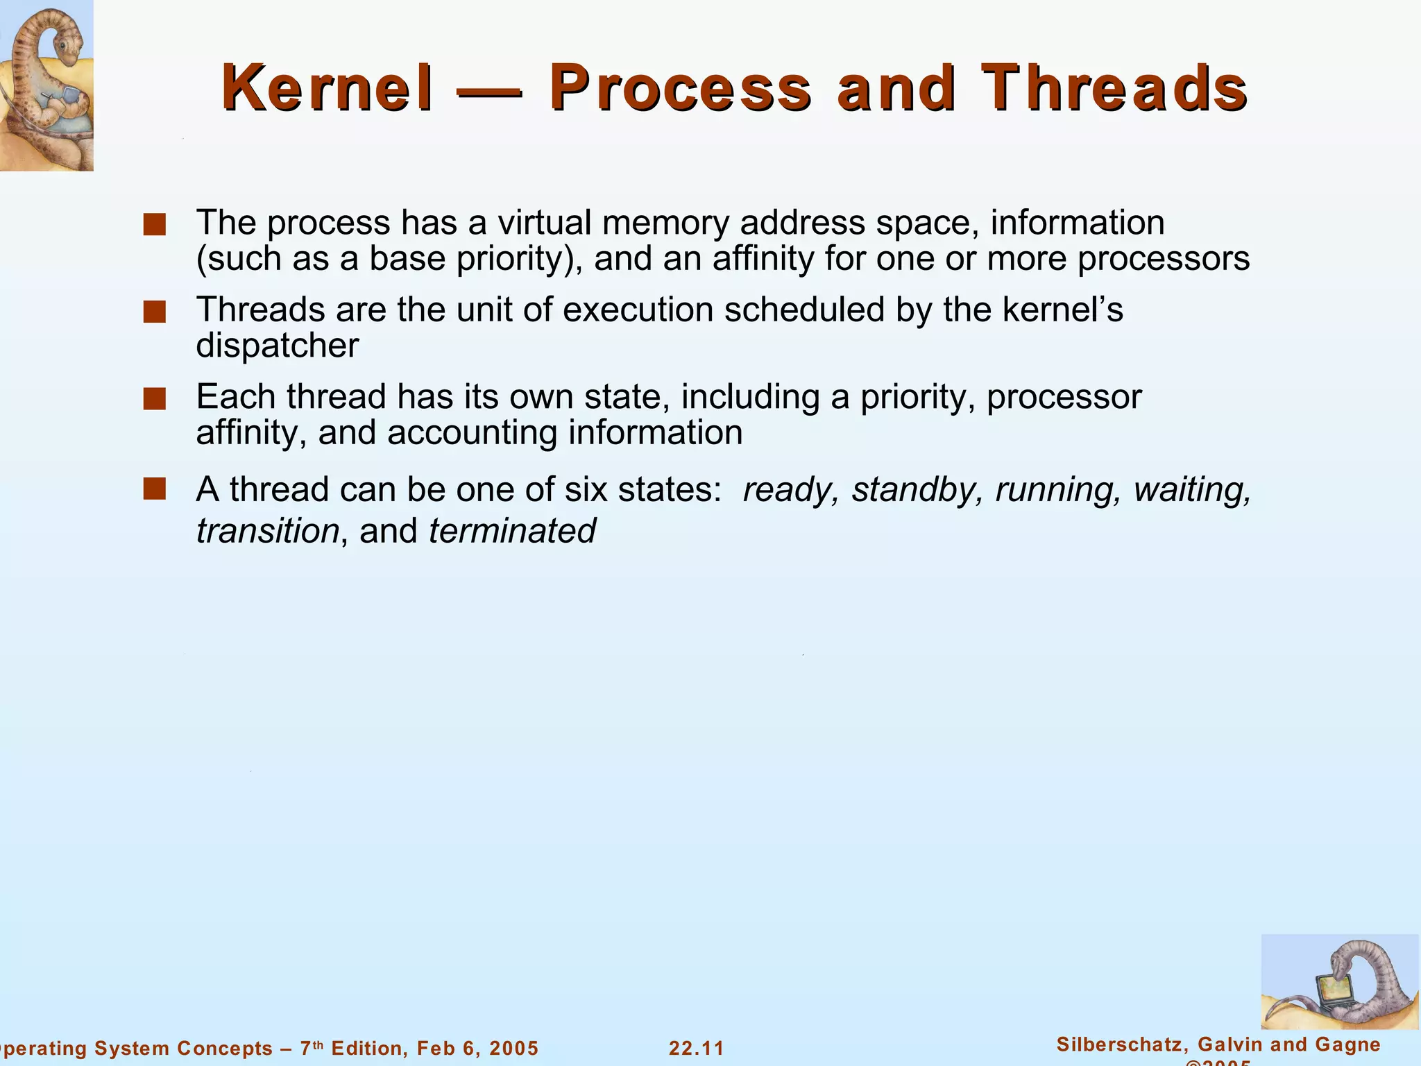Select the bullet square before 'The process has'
point(154,225)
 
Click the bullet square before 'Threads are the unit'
point(154,312)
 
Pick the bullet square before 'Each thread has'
point(154,399)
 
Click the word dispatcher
point(277,346)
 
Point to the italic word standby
point(915,490)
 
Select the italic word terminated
point(512,532)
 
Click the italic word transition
point(267,532)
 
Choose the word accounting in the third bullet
point(472,433)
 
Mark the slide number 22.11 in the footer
point(696,1048)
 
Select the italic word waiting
point(1191,490)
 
